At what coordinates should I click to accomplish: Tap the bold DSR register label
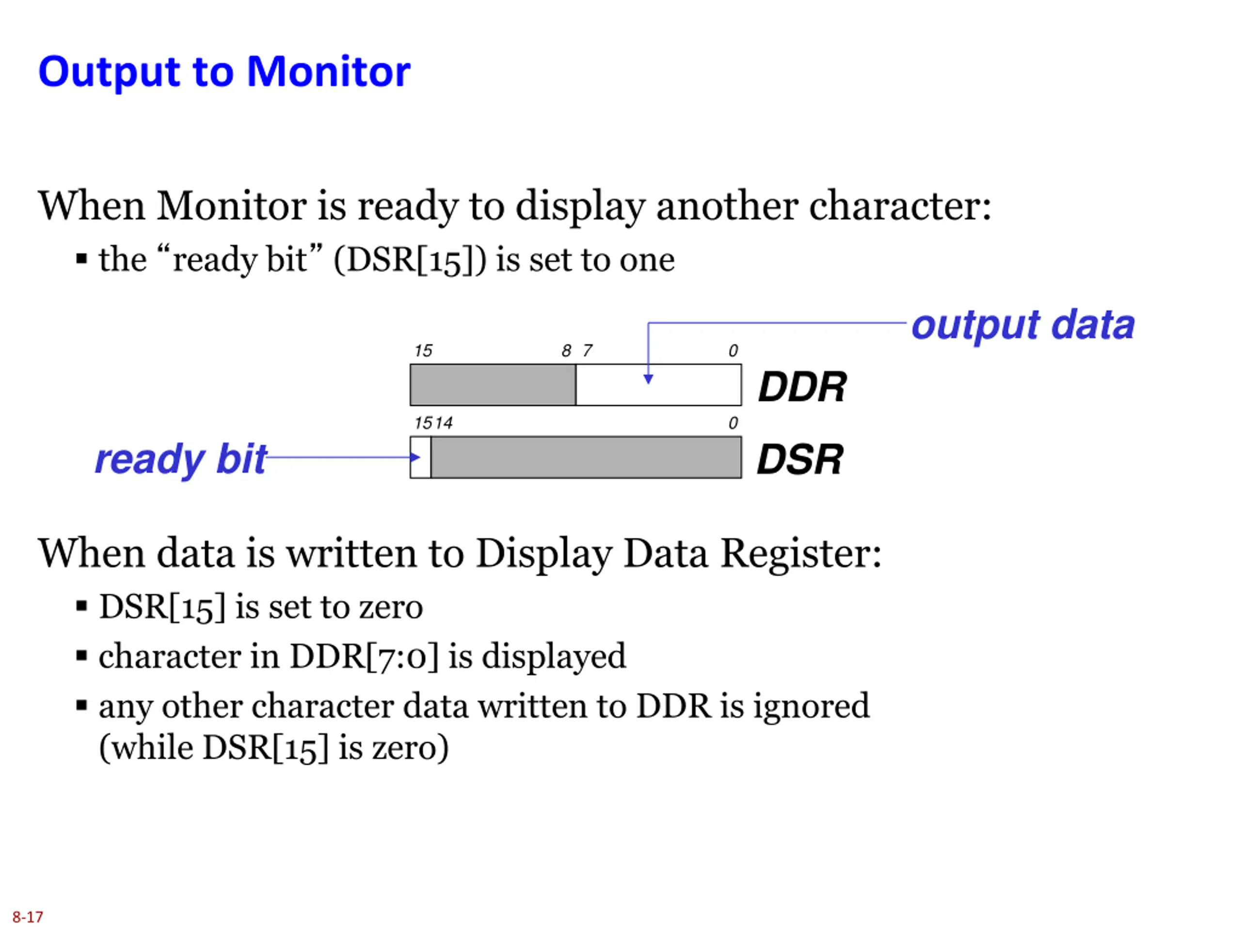click(x=800, y=459)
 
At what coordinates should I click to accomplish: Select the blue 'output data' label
click(x=1023, y=325)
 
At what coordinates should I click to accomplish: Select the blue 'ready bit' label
click(x=181, y=460)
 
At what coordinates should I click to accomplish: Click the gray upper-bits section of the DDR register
click(x=493, y=385)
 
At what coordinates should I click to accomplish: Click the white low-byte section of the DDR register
click(x=659, y=385)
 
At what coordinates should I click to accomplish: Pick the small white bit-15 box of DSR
click(x=421, y=457)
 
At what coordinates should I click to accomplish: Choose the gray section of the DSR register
click(x=586, y=457)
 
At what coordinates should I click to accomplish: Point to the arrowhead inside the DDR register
click(x=648, y=379)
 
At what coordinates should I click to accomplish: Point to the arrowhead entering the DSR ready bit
click(x=414, y=457)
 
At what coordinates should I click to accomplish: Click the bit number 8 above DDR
click(x=566, y=351)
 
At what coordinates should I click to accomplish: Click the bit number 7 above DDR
click(x=588, y=351)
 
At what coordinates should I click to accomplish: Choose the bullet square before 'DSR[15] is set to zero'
click(x=82, y=606)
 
